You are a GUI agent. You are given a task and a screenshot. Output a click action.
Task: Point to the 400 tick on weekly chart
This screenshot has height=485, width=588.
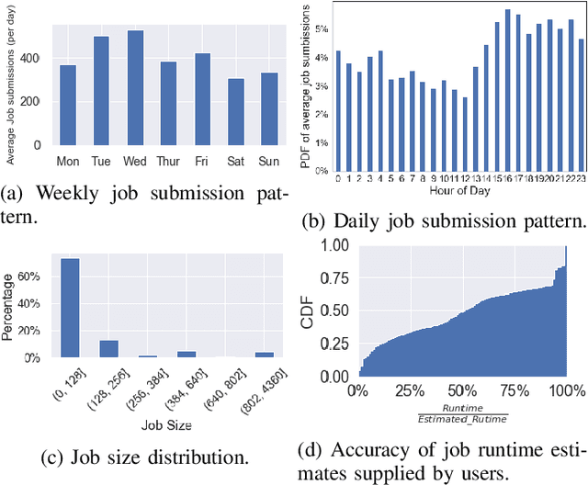(36, 58)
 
